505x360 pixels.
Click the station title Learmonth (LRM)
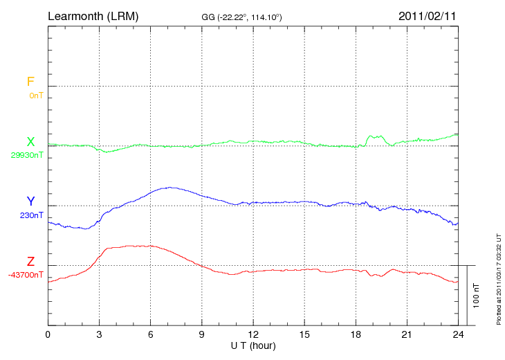(93, 15)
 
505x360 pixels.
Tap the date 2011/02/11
(428, 15)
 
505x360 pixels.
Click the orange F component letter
(30, 82)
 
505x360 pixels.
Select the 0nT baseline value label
(36, 96)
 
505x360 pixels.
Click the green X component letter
(30, 142)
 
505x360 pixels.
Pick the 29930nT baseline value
(27, 155)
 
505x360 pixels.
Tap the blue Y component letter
(30, 201)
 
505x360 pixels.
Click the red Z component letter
(30, 262)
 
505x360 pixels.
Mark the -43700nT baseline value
(26, 275)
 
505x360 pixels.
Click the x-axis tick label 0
(48, 335)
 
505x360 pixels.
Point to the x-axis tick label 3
(99, 335)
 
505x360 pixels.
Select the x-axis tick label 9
(201, 335)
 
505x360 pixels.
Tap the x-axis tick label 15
(304, 335)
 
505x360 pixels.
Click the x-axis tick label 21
(407, 335)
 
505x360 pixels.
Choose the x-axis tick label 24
(457, 335)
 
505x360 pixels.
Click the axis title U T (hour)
(252, 345)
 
